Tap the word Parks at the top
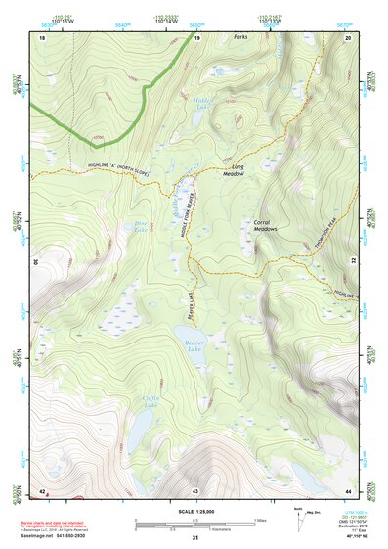click(242, 37)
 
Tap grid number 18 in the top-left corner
click(42, 37)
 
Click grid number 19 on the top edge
click(196, 37)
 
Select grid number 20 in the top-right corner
click(349, 37)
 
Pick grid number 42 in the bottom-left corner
click(42, 489)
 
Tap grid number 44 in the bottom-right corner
click(349, 489)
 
